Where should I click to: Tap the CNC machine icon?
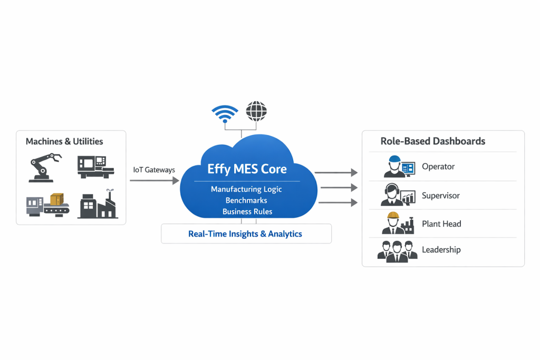(x=95, y=167)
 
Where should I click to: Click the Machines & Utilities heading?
(x=64, y=141)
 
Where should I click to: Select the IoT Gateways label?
(x=155, y=170)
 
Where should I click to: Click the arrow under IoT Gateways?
(x=155, y=181)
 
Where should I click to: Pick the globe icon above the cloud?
(x=256, y=111)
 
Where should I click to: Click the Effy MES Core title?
(x=247, y=169)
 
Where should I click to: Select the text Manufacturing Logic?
(x=246, y=189)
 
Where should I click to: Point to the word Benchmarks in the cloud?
(x=246, y=200)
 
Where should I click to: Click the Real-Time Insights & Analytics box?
(x=246, y=233)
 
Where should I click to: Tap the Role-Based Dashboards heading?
(x=432, y=141)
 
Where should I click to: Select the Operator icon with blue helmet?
(x=399, y=167)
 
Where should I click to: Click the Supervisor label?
(x=440, y=196)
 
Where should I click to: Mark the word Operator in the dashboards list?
(x=438, y=167)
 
